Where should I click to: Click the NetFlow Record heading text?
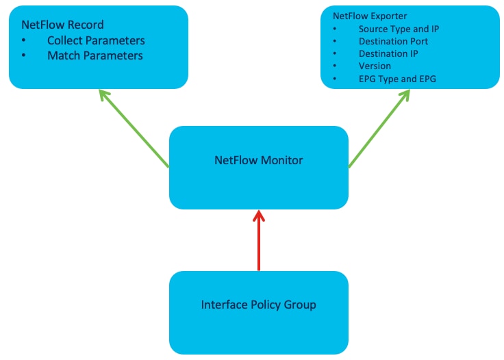click(62, 25)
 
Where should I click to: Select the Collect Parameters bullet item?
click(96, 40)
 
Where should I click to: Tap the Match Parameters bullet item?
click(94, 55)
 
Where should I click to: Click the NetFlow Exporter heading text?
click(370, 16)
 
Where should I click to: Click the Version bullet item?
click(375, 66)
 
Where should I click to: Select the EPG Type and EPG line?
click(397, 79)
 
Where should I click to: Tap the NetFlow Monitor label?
click(258, 160)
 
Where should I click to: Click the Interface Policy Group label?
click(258, 305)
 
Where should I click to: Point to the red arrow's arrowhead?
click(258, 216)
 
